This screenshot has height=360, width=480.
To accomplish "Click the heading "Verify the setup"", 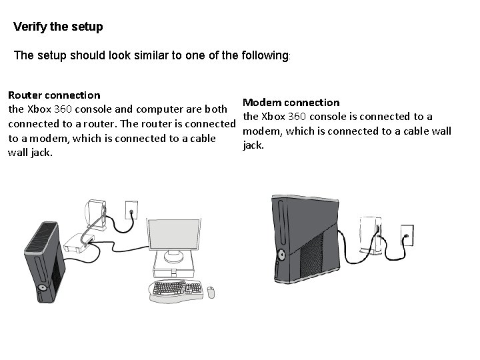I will click(x=58, y=27).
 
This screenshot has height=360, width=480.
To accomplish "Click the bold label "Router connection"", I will click(x=53, y=95).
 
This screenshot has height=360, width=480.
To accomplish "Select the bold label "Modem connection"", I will click(x=291, y=102).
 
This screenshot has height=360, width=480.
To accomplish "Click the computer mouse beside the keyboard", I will click(x=211, y=291).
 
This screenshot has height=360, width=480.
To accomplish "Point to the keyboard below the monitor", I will click(x=177, y=288).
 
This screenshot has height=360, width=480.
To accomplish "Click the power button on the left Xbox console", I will click(x=43, y=288).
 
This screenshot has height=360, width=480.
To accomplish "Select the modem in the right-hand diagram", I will click(x=369, y=235).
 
